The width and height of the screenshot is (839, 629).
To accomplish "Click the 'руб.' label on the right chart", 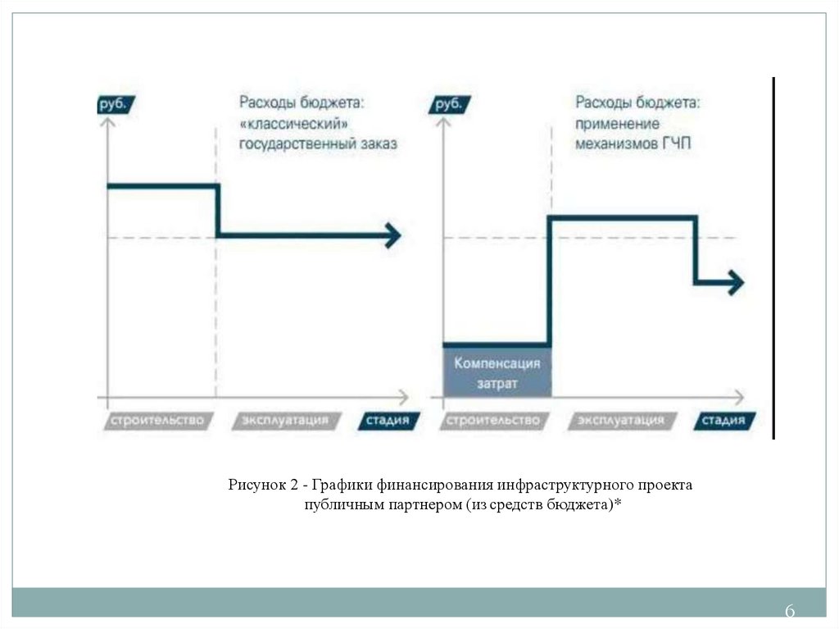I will (449, 105).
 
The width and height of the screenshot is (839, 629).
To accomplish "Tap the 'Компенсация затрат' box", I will (497, 372).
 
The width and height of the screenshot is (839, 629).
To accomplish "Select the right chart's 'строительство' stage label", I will (492, 421).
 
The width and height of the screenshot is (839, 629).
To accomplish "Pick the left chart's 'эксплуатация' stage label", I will (284, 421).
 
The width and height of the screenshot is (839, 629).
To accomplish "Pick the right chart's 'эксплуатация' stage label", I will (620, 421).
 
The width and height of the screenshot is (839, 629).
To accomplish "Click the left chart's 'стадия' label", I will (388, 421).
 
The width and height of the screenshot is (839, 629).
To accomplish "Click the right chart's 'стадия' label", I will (723, 421).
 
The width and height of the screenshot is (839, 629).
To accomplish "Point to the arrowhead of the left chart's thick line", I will (393, 236).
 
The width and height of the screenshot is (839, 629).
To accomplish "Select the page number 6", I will (790, 612).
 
